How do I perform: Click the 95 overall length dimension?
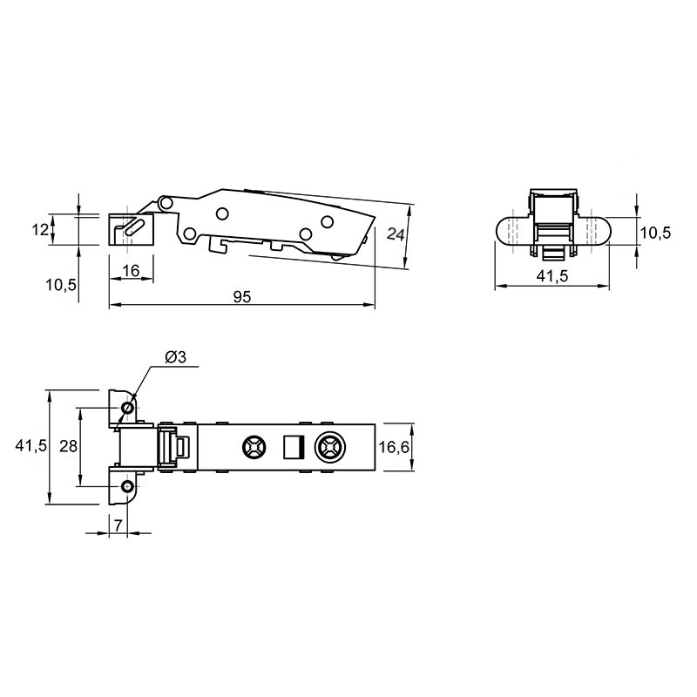[242, 296]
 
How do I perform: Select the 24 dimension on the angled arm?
[396, 233]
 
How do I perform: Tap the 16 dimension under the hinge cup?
[131, 270]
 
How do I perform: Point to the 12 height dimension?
[40, 230]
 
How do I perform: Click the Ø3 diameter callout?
[175, 357]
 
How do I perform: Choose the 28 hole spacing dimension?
[68, 446]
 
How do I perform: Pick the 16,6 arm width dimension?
[394, 447]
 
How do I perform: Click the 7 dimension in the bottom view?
[118, 525]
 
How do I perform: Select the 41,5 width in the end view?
[552, 276]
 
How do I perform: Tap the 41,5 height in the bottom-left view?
[30, 445]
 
